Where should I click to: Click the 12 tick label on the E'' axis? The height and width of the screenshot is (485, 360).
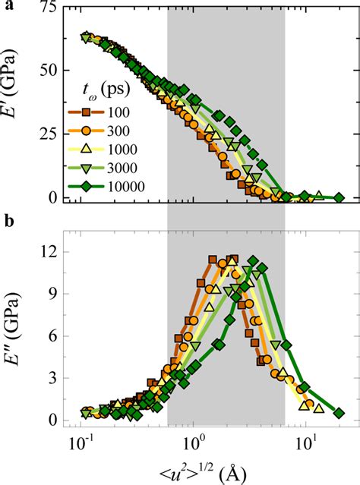coord(49,252)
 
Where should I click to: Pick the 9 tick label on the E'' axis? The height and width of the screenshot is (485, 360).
coord(53,294)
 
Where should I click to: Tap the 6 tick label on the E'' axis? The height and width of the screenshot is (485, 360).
coord(53,336)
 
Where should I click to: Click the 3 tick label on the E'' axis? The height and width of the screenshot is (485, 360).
coord(53,378)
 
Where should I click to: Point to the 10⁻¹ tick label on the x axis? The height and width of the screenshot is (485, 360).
coord(81,445)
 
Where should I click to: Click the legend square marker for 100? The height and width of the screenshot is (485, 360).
coord(87,112)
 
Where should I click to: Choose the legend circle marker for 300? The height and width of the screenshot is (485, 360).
coord(87,131)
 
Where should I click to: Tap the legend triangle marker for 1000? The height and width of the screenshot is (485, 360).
coord(87,150)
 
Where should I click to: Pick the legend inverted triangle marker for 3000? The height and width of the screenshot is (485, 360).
coord(87,168)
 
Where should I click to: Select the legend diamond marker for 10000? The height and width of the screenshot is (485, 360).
coord(87,187)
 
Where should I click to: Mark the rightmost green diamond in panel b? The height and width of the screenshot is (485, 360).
coord(339,413)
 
